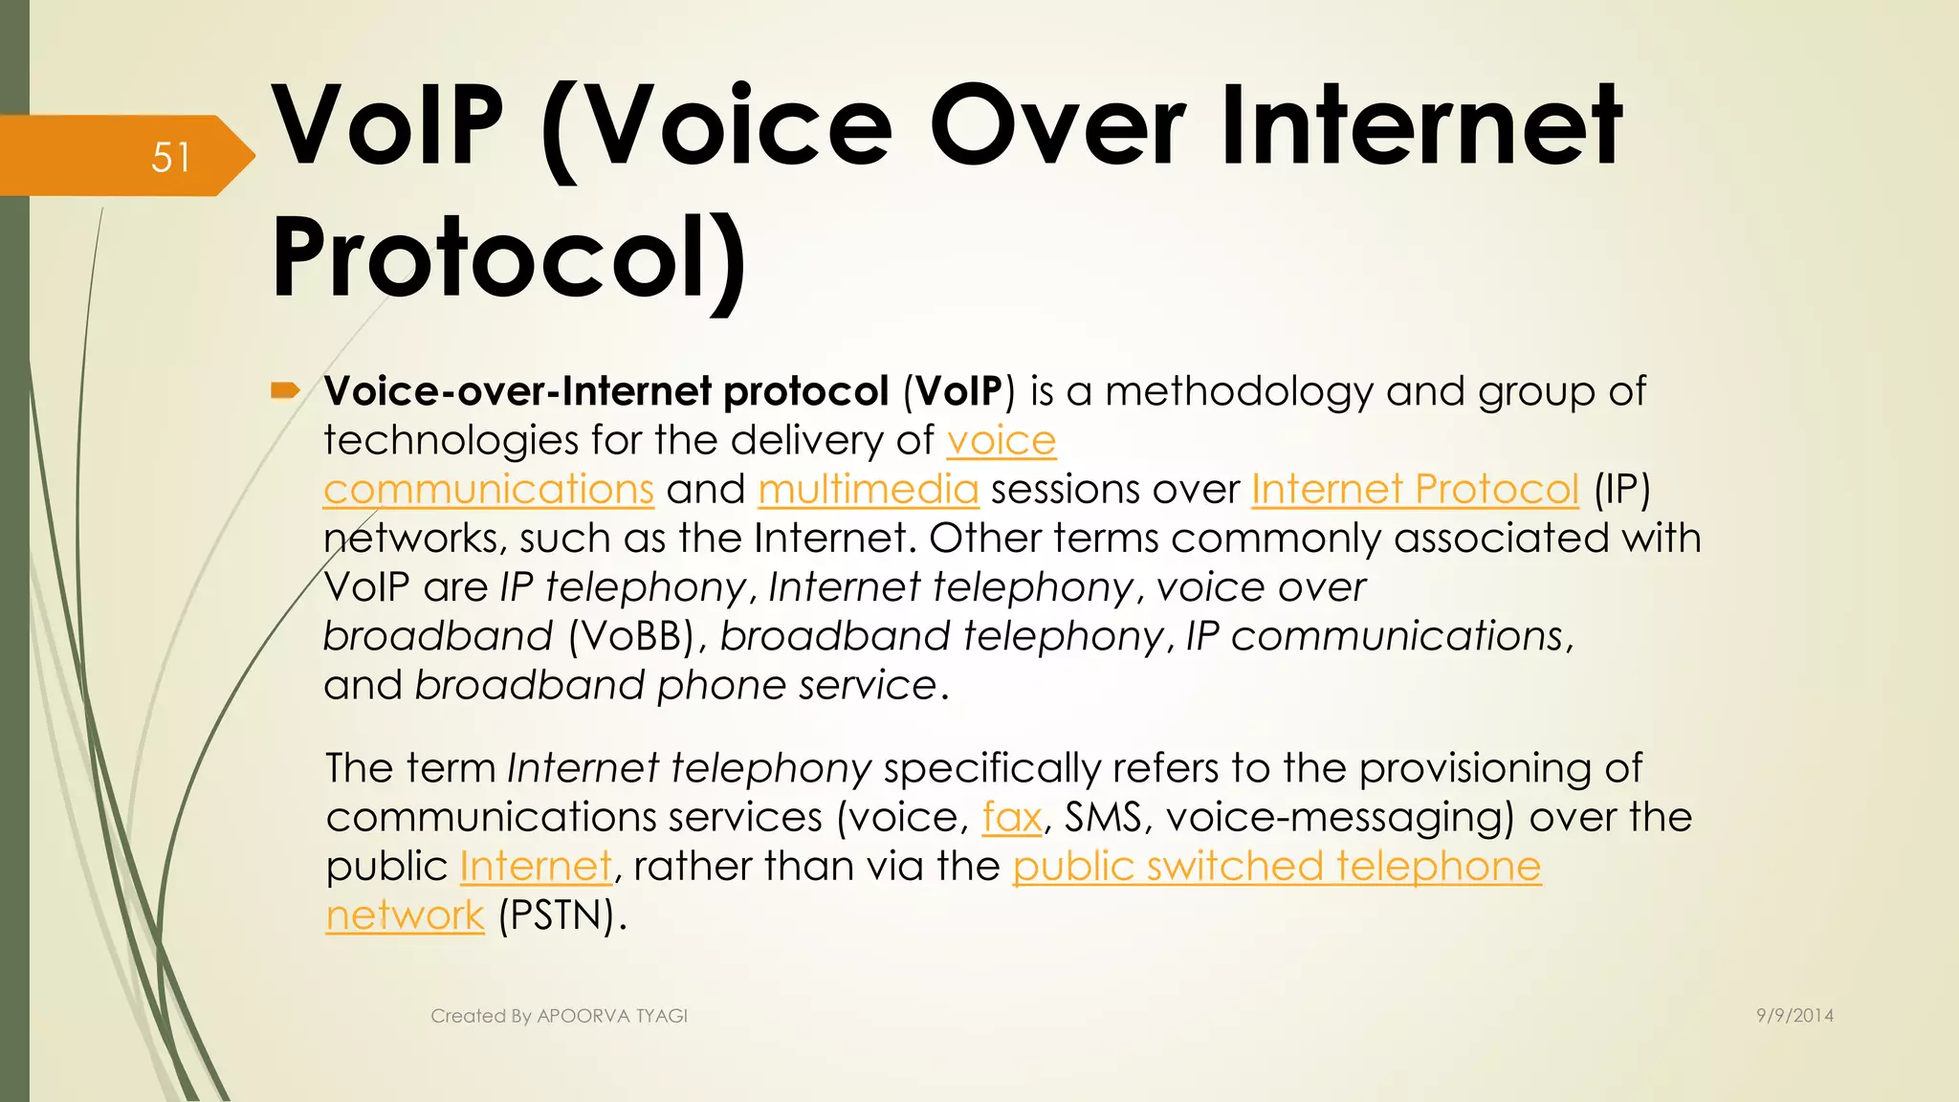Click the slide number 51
tap(171, 158)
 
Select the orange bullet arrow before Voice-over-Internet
tap(285, 390)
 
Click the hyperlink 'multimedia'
tap(868, 490)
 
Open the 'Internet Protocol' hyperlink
tap(1414, 490)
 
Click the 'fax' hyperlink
tap(1011, 818)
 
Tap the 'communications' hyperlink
tap(488, 490)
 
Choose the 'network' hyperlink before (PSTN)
tap(405, 915)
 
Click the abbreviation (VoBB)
tap(631, 637)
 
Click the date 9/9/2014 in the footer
tap(1794, 1016)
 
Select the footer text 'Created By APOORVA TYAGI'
tap(559, 1016)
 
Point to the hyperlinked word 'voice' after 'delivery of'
tap(1001, 441)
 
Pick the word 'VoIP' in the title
tap(387, 126)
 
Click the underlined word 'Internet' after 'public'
tap(535, 867)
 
